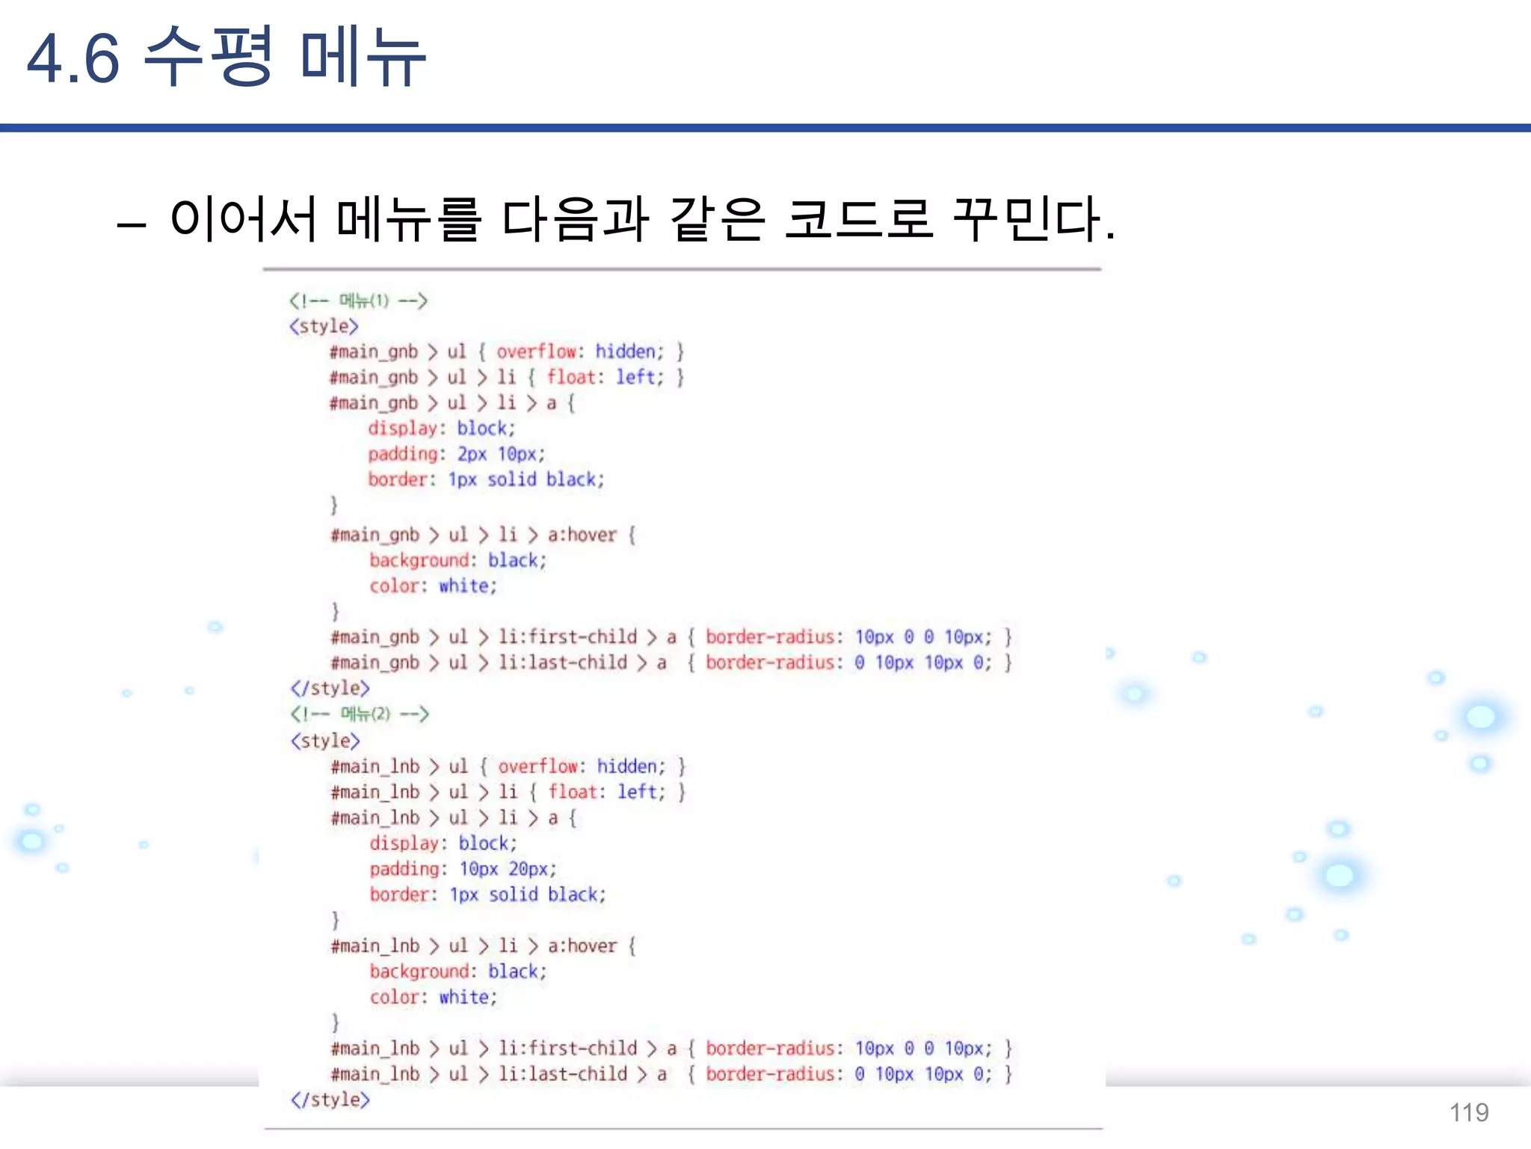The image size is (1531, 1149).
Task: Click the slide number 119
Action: coord(1469,1112)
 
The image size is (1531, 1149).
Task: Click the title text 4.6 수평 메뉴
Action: coord(226,58)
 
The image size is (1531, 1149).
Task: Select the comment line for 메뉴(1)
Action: coord(358,301)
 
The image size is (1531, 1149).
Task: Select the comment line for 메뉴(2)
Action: coord(360,714)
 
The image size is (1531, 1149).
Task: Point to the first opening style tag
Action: coord(324,327)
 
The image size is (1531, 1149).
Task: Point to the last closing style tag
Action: coord(330,1100)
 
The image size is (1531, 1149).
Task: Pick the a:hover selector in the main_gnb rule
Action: coord(582,535)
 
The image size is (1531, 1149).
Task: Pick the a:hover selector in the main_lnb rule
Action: coord(582,946)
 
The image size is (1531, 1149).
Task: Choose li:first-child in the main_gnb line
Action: coord(568,637)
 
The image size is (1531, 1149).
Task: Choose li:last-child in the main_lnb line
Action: coord(563,1074)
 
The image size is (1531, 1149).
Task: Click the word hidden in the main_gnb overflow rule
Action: coord(629,352)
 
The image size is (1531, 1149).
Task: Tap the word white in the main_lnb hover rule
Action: coord(467,997)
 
